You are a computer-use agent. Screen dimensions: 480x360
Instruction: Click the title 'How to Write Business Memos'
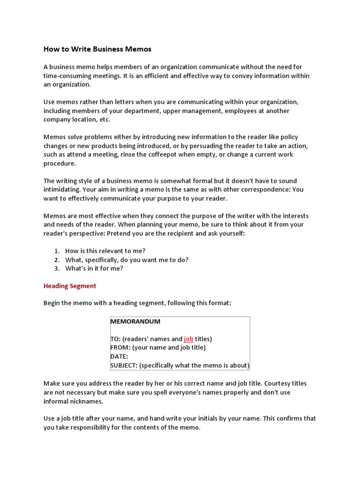97,49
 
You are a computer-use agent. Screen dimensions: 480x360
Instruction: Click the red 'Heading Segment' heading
70,286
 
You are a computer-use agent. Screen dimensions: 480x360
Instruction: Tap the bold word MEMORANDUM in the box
135,322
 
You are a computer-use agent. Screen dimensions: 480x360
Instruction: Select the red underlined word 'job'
188,339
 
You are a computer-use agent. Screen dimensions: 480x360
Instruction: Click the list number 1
56,251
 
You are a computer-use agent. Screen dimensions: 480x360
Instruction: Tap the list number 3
56,269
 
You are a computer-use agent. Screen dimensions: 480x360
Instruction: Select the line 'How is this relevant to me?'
109,251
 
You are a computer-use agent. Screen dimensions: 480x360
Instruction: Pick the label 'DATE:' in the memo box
119,356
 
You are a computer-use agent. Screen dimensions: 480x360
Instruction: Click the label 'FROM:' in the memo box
120,347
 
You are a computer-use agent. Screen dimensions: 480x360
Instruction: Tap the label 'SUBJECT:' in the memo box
124,365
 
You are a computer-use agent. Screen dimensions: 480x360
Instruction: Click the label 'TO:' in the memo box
115,339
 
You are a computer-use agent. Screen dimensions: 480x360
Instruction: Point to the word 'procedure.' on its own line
60,164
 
